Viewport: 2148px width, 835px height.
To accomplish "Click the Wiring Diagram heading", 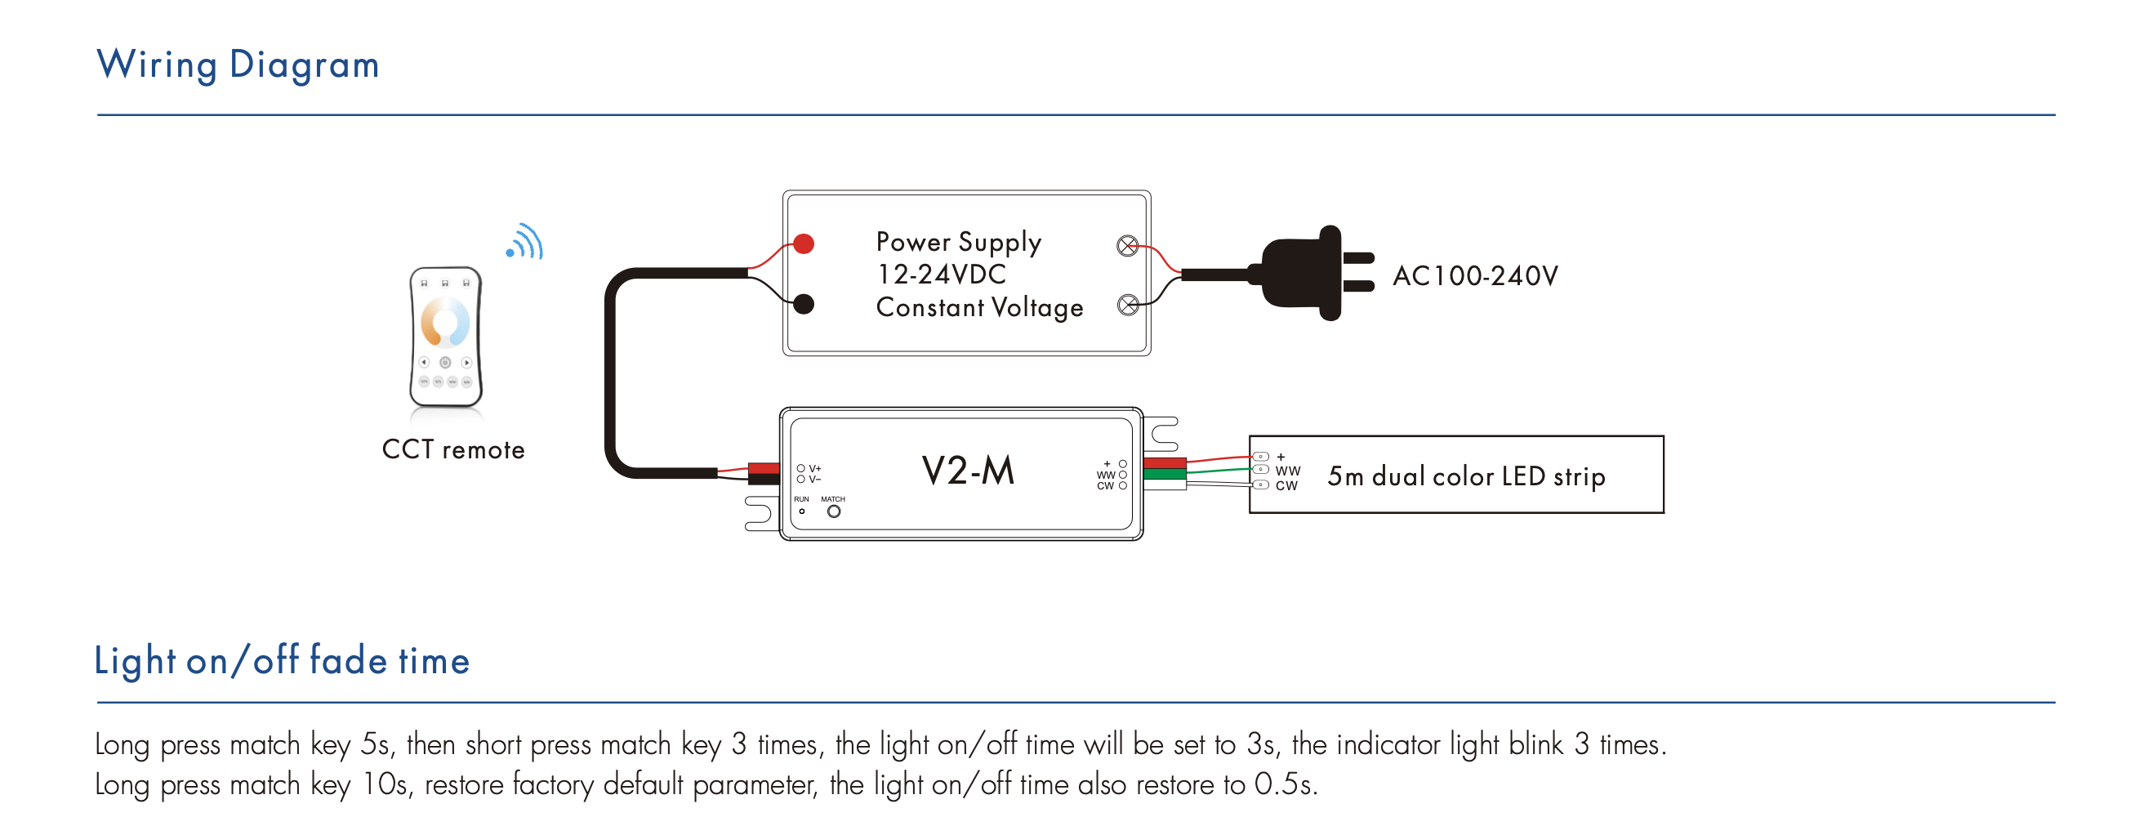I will pyautogui.click(x=238, y=65).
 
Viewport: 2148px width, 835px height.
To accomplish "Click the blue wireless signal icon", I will pyautogui.click(x=525, y=242).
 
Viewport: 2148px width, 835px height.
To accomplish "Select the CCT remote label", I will pyautogui.click(x=452, y=449).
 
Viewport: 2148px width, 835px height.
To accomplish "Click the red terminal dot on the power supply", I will pyautogui.click(x=804, y=243).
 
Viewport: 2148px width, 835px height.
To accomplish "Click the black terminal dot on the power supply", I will pyautogui.click(x=804, y=305).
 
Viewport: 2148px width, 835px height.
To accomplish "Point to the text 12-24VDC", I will pyautogui.click(x=942, y=275).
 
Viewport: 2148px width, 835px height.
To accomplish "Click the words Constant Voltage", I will pyautogui.click(x=979, y=308).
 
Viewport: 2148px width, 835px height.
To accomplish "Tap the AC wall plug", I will pyautogui.click(x=1309, y=273).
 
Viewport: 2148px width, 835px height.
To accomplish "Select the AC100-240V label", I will pyautogui.click(x=1475, y=276).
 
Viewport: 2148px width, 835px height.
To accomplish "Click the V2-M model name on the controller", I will pyautogui.click(x=968, y=471).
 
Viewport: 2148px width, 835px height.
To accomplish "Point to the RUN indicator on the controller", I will pyautogui.click(x=801, y=511).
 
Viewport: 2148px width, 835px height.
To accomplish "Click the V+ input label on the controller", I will pyautogui.click(x=814, y=468).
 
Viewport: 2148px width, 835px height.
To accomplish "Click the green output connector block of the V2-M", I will pyautogui.click(x=1165, y=474).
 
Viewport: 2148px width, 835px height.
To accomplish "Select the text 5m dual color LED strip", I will pyautogui.click(x=1466, y=476).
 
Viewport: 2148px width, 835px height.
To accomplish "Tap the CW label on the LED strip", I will pyautogui.click(x=1286, y=486).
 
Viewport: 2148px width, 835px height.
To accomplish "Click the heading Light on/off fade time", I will pyautogui.click(x=282, y=662).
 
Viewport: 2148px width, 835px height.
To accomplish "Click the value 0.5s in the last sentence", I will pyautogui.click(x=1285, y=785).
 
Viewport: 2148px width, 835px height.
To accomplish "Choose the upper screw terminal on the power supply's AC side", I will pyautogui.click(x=1127, y=246).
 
